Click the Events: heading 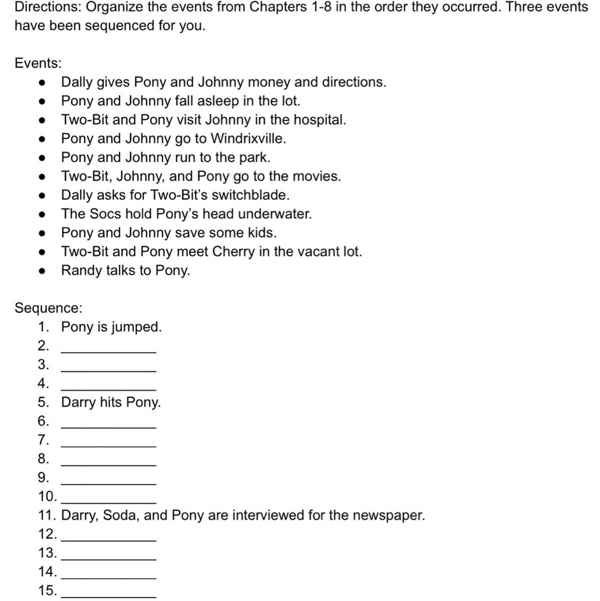(38, 63)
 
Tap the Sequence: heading (48, 308)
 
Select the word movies (317, 177)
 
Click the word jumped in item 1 (136, 328)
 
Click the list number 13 (47, 553)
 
